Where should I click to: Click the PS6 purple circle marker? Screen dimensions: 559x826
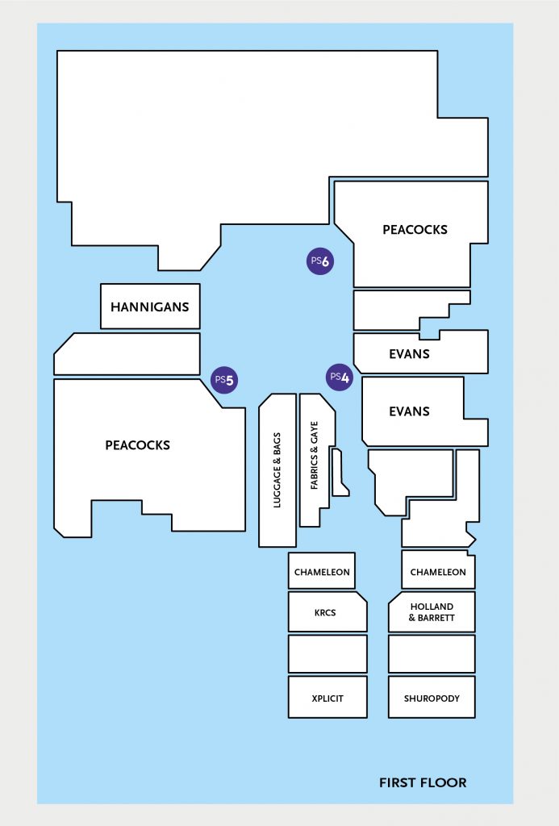click(x=320, y=261)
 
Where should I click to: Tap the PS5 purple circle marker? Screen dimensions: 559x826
click(x=224, y=380)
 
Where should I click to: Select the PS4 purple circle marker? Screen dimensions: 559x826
click(x=340, y=378)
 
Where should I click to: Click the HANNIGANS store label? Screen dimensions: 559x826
click(x=149, y=307)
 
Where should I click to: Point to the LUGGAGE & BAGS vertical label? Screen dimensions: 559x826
click(x=277, y=470)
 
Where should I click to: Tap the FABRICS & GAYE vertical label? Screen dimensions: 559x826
click(x=315, y=455)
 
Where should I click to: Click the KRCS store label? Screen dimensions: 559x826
click(x=325, y=613)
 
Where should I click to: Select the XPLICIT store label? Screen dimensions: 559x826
click(x=327, y=699)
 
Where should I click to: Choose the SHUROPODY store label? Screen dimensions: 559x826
click(x=432, y=699)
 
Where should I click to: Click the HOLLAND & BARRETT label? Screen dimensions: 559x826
click(x=432, y=612)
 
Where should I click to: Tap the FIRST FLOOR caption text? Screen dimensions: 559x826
click(x=423, y=782)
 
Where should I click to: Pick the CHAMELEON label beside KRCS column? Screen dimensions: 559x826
click(x=322, y=572)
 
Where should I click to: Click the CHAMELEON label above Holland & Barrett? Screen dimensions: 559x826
click(x=438, y=572)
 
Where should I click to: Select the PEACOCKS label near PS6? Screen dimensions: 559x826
click(x=415, y=230)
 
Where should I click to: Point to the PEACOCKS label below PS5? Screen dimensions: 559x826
click(x=137, y=445)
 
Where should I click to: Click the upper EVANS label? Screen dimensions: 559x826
click(x=410, y=354)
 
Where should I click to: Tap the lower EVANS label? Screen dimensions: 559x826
click(x=410, y=411)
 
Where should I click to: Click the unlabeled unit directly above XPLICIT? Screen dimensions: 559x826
click(x=327, y=653)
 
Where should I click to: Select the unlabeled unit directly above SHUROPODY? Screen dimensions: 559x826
click(x=432, y=653)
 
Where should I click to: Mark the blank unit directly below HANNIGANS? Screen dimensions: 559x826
click(x=127, y=354)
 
